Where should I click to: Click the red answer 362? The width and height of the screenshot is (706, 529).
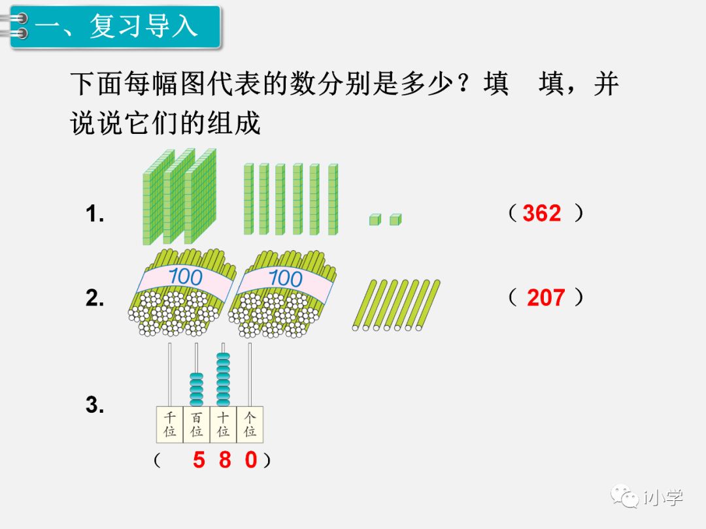coord(542,214)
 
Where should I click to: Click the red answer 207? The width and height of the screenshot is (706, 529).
coord(545,298)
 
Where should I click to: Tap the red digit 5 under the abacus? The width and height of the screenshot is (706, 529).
coord(199,460)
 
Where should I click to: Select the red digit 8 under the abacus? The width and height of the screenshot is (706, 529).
coord(225,460)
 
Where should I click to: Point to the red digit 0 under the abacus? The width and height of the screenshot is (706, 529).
coord(251,460)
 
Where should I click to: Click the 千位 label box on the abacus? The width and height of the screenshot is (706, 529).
coord(170,424)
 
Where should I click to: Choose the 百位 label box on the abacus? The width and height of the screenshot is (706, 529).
coord(197,424)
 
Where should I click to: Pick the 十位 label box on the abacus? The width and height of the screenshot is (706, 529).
coord(224,424)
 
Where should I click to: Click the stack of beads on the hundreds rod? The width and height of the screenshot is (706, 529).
coord(197,389)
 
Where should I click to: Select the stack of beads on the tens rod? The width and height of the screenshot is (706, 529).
coord(224,379)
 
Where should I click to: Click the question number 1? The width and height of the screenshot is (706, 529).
coord(95,214)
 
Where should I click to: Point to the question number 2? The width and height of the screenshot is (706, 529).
coord(95,298)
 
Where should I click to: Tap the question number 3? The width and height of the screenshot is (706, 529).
coord(95,405)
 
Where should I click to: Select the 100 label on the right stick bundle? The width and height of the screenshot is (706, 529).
coord(285,278)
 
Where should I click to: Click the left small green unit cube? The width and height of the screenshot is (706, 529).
coord(374,219)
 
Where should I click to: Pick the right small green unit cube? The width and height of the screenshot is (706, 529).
coord(395,219)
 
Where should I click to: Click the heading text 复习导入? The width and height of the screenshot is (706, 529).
coord(143,27)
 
